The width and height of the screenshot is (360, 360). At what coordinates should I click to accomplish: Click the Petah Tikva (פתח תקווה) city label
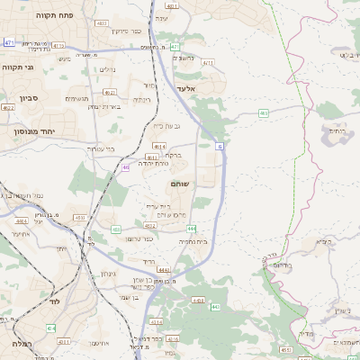pyautogui.click(x=57, y=16)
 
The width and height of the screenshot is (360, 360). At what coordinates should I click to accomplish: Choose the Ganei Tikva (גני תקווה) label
pyautogui.click(x=17, y=68)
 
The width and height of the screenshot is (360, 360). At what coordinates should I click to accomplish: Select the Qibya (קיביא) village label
pyautogui.click(x=321, y=241)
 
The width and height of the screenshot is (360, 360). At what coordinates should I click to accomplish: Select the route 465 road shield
pyautogui.click(x=263, y=112)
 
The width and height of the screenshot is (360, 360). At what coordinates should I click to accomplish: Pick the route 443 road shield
pyautogui.click(x=214, y=307)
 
